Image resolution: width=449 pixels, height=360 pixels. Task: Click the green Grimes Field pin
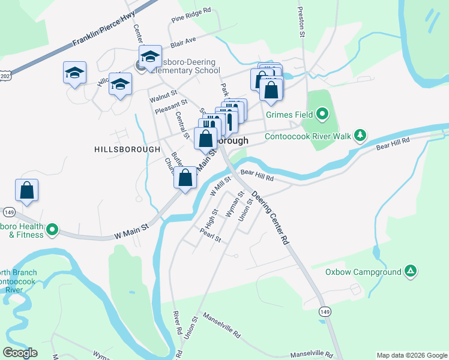pyautogui.click(x=322, y=113)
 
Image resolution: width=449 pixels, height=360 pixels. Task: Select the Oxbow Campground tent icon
pyautogui.click(x=410, y=272)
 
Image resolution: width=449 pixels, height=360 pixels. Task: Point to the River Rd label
pyautogui.click(x=177, y=323)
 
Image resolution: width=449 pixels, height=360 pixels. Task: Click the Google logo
pyautogui.click(x=20, y=353)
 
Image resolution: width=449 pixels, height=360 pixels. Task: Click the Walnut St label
pyautogui.click(x=163, y=94)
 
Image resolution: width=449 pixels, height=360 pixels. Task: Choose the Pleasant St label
pyautogui.click(x=171, y=107)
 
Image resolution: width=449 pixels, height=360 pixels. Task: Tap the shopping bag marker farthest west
pyautogui.click(x=27, y=191)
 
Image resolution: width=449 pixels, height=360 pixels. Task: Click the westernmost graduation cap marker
pyautogui.click(x=74, y=73)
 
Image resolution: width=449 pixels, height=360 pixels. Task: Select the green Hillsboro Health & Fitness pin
pyautogui.click(x=52, y=229)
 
